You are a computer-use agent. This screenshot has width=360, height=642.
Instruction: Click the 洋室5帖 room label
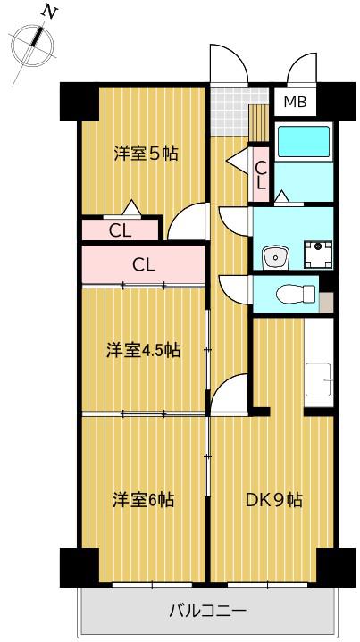point(146,154)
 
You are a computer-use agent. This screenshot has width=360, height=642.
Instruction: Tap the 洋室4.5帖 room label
point(144,350)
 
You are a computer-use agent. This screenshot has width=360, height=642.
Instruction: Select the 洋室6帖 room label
point(144,499)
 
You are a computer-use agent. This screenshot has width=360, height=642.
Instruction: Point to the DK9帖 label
point(274,499)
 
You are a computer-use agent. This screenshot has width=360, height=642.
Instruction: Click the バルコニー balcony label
point(207,612)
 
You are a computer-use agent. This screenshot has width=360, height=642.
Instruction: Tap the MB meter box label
point(296,102)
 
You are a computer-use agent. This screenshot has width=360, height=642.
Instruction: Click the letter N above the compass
point(49,13)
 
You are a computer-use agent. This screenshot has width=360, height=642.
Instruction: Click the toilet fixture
point(296,294)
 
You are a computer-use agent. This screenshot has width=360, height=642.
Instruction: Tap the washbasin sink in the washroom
point(275,257)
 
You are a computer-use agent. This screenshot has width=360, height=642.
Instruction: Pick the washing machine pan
point(318,254)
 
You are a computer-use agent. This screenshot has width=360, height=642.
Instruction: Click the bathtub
point(304,142)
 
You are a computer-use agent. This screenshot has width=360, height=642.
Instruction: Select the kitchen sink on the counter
point(318,379)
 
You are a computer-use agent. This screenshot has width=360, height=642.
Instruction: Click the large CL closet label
point(144,265)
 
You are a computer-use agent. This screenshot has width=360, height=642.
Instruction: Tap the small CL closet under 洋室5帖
point(120,230)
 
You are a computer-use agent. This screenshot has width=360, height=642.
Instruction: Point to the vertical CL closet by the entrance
point(261,174)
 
